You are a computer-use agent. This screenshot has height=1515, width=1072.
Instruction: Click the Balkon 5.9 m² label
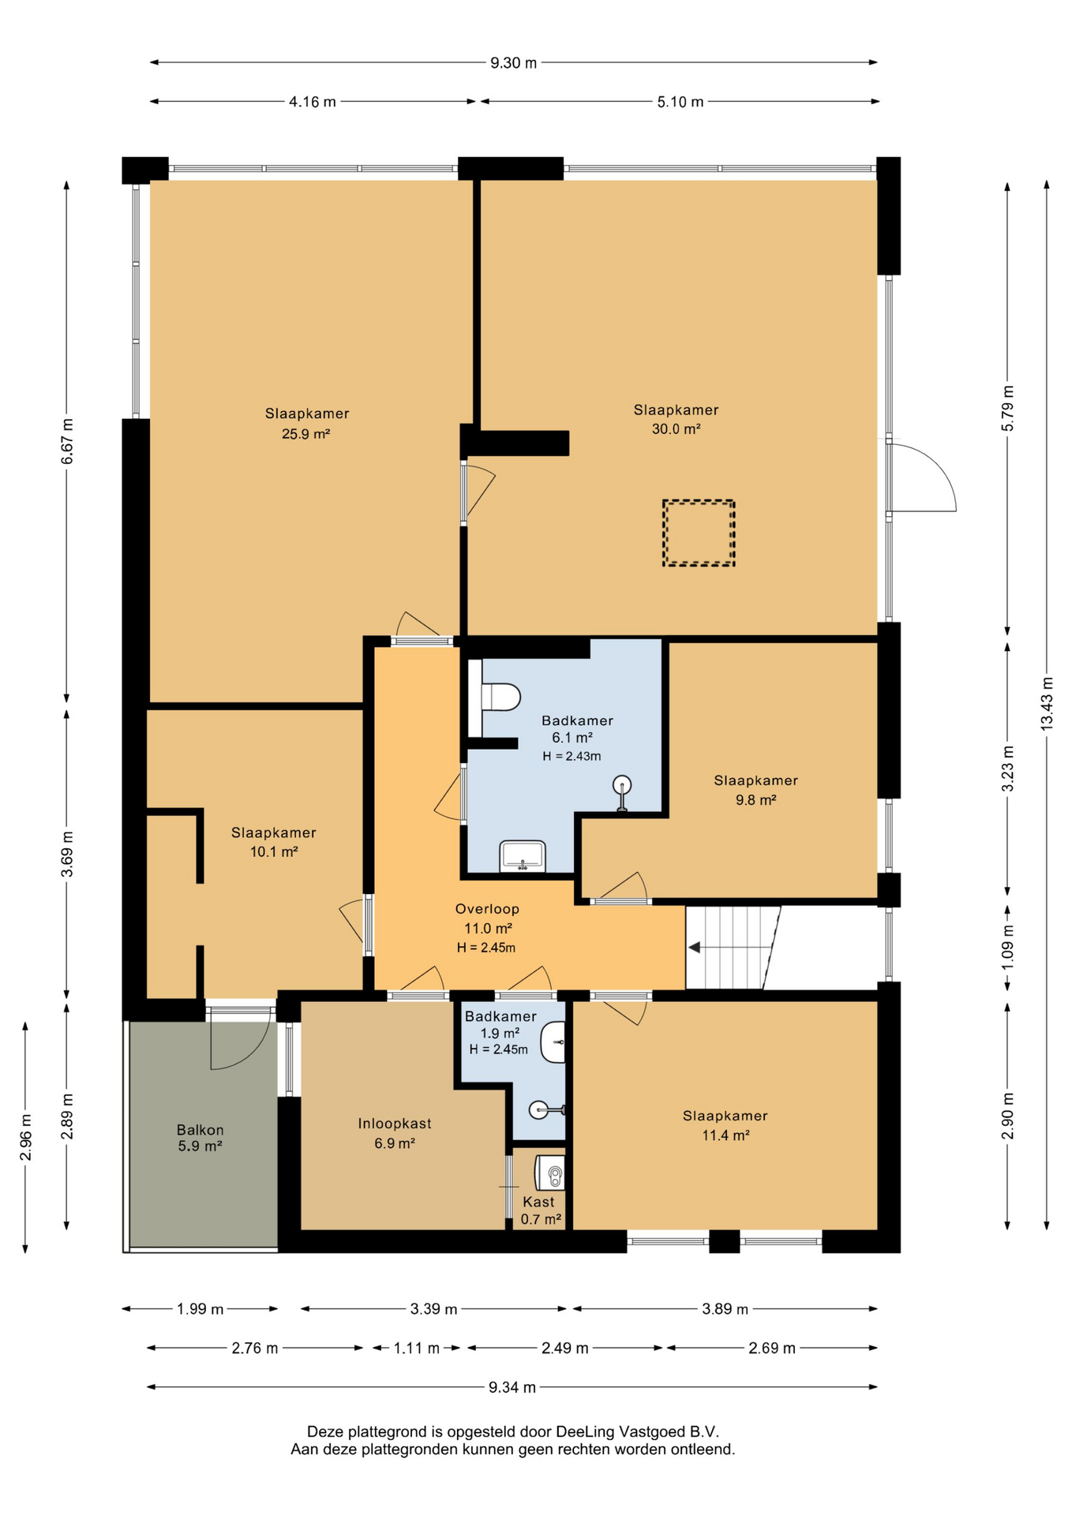(x=200, y=1138)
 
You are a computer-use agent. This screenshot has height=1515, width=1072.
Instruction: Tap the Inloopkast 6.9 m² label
(x=395, y=1133)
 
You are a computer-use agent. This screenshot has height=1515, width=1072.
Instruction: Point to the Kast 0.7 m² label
(x=540, y=1210)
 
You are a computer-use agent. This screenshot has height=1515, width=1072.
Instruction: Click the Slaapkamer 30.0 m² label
(x=676, y=419)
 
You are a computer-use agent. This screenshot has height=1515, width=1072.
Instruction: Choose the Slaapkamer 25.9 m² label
(x=306, y=423)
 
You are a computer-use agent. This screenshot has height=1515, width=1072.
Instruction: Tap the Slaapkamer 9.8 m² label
(x=755, y=790)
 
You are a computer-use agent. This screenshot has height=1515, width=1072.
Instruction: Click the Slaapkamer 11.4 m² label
(x=725, y=1125)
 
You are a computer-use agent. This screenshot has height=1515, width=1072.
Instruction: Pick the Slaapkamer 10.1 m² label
(x=273, y=842)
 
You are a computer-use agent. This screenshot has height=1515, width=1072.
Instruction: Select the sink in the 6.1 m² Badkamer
(x=522, y=856)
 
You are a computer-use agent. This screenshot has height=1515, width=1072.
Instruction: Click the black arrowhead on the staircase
(x=695, y=947)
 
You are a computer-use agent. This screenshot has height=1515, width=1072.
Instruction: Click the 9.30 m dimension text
(x=513, y=63)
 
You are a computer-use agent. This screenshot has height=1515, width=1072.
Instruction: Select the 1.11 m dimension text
(x=416, y=1348)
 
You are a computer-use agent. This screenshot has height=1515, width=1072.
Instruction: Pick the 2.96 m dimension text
(x=26, y=1137)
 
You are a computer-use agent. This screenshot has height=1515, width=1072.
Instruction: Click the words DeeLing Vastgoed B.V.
(x=637, y=1431)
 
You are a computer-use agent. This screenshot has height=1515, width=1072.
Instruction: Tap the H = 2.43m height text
(x=572, y=756)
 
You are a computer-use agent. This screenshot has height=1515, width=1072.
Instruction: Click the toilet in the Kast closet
(x=551, y=1173)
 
